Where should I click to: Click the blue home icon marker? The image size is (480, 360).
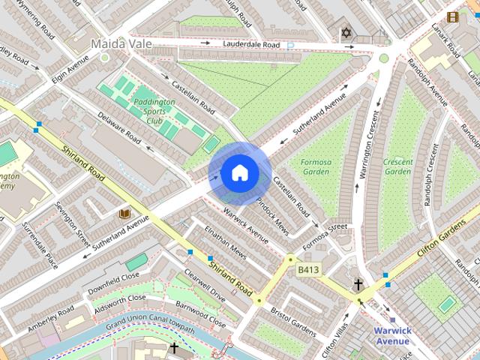239,173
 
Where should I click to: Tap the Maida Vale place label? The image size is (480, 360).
121,44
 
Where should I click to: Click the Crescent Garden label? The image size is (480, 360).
397,166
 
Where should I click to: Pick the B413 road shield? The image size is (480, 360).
309,269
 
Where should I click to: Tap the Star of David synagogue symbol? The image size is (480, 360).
346,33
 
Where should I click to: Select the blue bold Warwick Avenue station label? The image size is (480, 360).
392,336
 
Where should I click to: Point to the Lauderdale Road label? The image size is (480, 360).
250,45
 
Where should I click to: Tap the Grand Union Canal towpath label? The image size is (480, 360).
149,325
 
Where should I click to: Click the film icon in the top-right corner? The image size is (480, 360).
452,16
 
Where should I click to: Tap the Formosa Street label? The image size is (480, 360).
325,226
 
